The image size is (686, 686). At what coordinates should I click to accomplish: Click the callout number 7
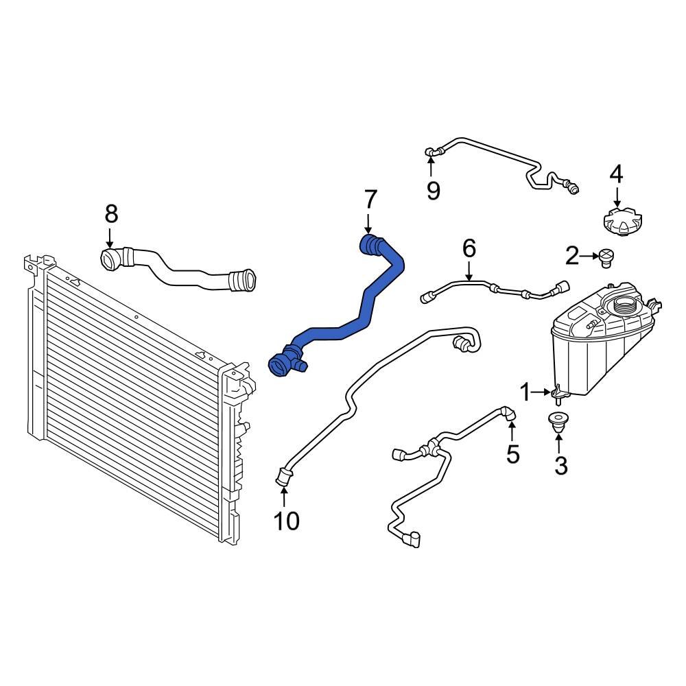(x=370, y=200)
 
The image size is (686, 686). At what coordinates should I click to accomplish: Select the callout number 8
(x=111, y=214)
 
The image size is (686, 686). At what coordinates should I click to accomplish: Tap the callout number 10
(x=287, y=521)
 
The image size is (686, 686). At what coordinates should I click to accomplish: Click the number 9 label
(x=433, y=190)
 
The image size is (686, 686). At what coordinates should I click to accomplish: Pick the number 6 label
(x=469, y=248)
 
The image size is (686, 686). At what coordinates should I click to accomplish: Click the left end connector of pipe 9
(x=431, y=152)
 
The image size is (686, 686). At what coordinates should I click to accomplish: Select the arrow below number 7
(x=368, y=223)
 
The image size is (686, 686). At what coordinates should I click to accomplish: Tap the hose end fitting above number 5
(x=508, y=414)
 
